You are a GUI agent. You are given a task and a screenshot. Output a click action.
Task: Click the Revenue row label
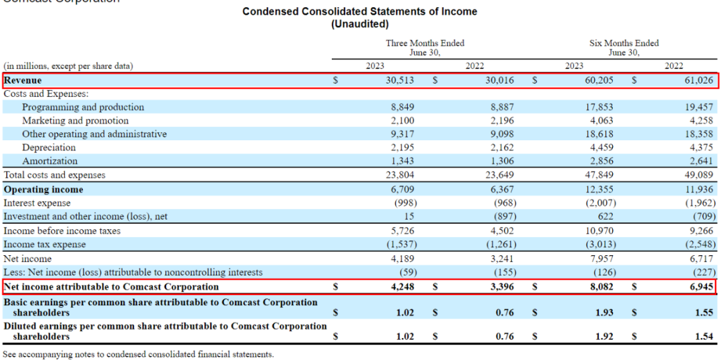point(23,80)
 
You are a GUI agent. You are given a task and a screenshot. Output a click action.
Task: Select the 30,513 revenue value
point(401,80)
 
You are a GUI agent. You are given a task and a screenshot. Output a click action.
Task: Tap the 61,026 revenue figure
point(699,80)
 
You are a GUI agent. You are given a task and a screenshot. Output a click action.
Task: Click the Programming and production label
point(83,107)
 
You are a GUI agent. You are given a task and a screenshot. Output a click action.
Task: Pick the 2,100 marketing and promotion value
point(402,121)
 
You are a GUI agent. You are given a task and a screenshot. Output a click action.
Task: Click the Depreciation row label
point(49,148)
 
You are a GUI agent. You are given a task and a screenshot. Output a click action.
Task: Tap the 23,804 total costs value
point(400,175)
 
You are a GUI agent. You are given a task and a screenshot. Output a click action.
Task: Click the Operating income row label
point(43,190)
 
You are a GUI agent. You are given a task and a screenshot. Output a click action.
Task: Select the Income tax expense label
point(45,244)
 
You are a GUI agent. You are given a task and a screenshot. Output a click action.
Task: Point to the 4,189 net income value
point(402,258)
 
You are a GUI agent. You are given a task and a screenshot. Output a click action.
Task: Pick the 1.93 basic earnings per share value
point(604,312)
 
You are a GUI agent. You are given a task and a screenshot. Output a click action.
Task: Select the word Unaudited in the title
point(360,24)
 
